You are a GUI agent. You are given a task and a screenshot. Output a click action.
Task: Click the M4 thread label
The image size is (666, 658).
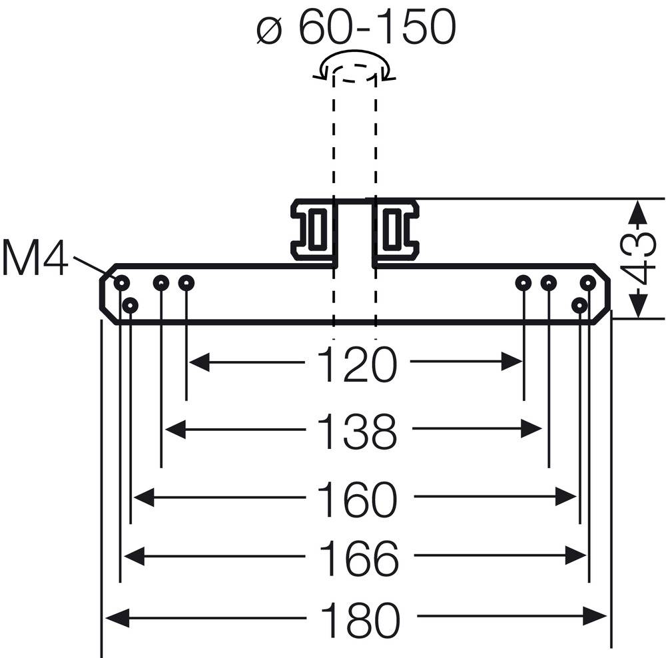pyautogui.click(x=35, y=259)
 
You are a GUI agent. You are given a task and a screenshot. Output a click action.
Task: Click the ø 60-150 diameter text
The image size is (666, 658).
pyautogui.click(x=356, y=28)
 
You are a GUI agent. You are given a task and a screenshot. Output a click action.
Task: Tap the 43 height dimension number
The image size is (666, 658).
pyautogui.click(x=639, y=258)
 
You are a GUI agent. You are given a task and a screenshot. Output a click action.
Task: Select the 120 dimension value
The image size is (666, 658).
pyautogui.click(x=356, y=364)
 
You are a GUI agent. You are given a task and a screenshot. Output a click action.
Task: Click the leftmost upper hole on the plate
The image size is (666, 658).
pyautogui.click(x=121, y=283)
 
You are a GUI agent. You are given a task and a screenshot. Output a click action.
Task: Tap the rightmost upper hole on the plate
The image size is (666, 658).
pyautogui.click(x=587, y=283)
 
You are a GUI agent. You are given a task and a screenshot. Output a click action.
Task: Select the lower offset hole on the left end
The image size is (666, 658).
pyautogui.click(x=131, y=306)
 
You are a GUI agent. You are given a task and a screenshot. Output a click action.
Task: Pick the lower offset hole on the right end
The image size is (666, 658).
pyautogui.click(x=580, y=305)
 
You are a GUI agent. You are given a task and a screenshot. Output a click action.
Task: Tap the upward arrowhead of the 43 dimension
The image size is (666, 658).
pyautogui.click(x=638, y=212)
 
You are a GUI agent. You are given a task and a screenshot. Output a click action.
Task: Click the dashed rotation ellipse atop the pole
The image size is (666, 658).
pyautogui.click(x=355, y=70)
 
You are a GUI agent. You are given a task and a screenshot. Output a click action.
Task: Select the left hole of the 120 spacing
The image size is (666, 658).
pyautogui.click(x=186, y=283)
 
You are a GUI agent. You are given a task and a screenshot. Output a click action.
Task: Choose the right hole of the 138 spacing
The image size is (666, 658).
pyautogui.click(x=548, y=283)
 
